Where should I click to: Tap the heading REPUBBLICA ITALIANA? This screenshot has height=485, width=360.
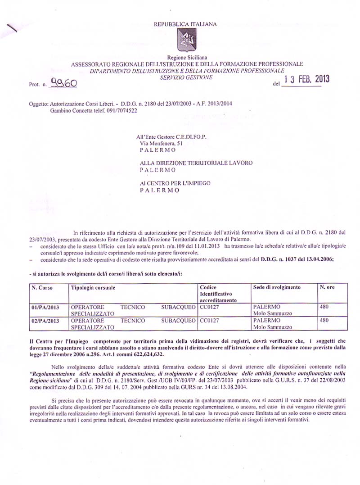[x=185, y=24]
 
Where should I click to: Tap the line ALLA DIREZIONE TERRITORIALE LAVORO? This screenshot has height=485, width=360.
[x=196, y=163]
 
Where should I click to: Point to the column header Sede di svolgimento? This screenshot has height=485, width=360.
[x=277, y=287]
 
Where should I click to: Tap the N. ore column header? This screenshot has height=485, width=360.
[x=327, y=287]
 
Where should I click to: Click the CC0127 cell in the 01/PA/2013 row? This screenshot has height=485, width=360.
[x=208, y=307]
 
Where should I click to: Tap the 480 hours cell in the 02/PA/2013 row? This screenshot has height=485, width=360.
[x=324, y=321]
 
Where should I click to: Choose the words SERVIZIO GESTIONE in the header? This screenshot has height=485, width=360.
[x=186, y=77]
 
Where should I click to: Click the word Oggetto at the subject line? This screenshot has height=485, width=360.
[x=38, y=104]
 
